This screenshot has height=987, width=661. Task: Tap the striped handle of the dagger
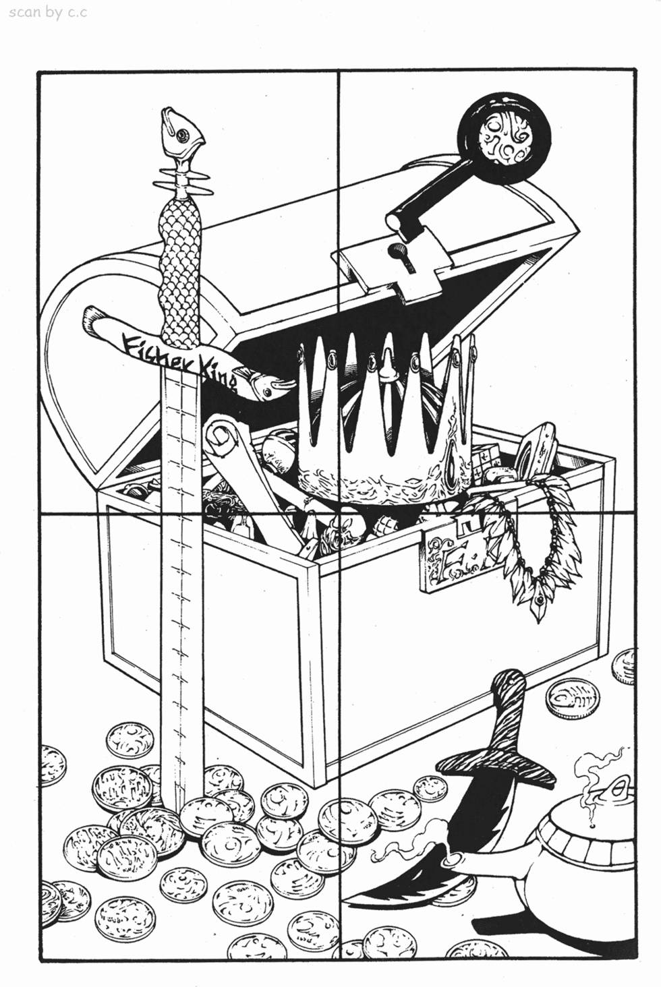coord(507,705)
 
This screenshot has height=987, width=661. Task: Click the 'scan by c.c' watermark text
coord(48,13)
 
